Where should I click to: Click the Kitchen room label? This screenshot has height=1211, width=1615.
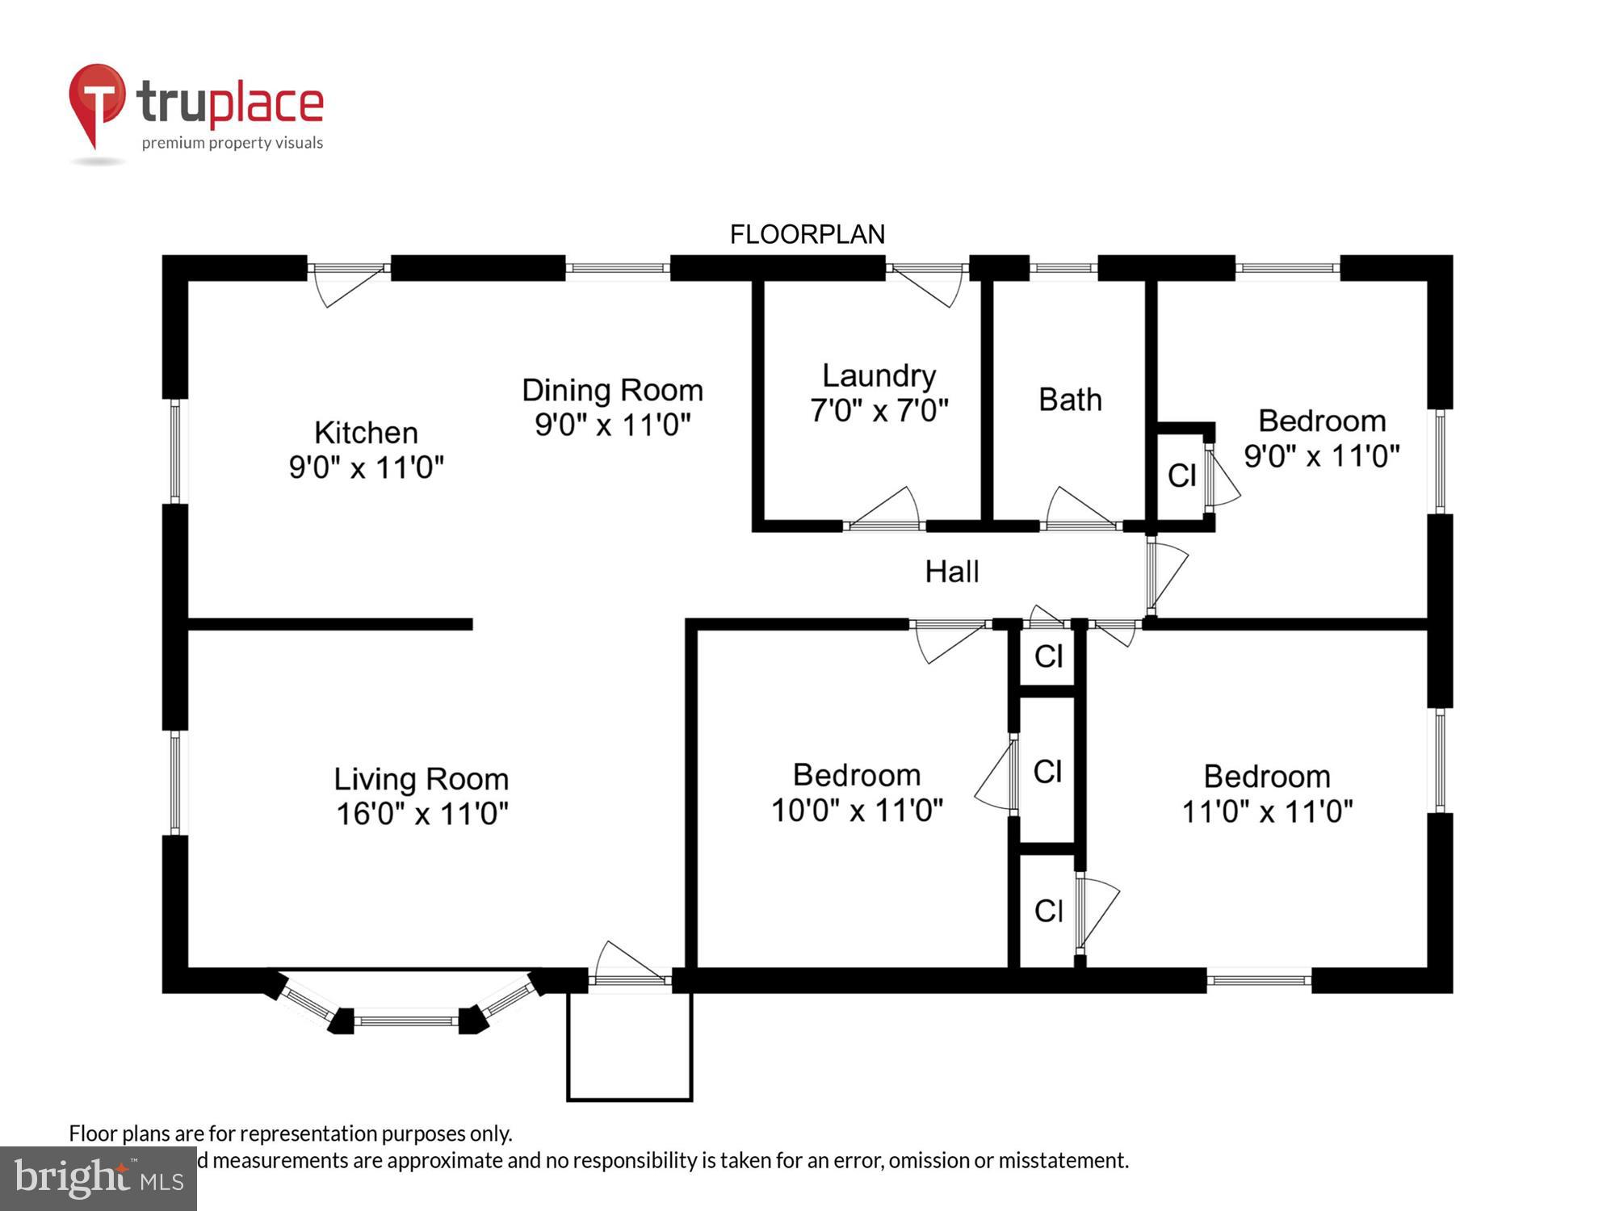pos(366,433)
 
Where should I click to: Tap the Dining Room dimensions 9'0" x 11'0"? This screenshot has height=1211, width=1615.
pos(612,425)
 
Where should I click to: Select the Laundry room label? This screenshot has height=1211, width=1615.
pos(879,375)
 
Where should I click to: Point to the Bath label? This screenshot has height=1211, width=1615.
pos(1070,400)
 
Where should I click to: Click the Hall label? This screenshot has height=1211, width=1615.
pos(952,572)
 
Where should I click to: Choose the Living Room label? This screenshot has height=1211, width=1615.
pos(422,779)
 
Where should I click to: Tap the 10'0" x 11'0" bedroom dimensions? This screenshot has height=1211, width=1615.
pos(857,810)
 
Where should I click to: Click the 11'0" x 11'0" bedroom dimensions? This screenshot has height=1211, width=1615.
pos(1267,811)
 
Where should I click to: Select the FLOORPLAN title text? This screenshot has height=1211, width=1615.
pos(807,234)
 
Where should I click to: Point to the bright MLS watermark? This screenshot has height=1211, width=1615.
pos(98,1179)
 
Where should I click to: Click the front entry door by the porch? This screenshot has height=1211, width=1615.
pos(629,978)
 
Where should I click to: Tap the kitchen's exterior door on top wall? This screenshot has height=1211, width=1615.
pos(349,269)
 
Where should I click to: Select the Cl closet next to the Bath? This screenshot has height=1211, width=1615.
pos(1181,476)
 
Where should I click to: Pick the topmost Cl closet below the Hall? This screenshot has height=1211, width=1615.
pos(1048,656)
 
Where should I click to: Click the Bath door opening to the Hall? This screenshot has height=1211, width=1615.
pos(1080,525)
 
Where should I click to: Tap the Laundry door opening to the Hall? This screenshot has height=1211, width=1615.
pos(884,525)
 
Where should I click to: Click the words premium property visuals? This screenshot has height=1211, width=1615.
pos(233,143)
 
